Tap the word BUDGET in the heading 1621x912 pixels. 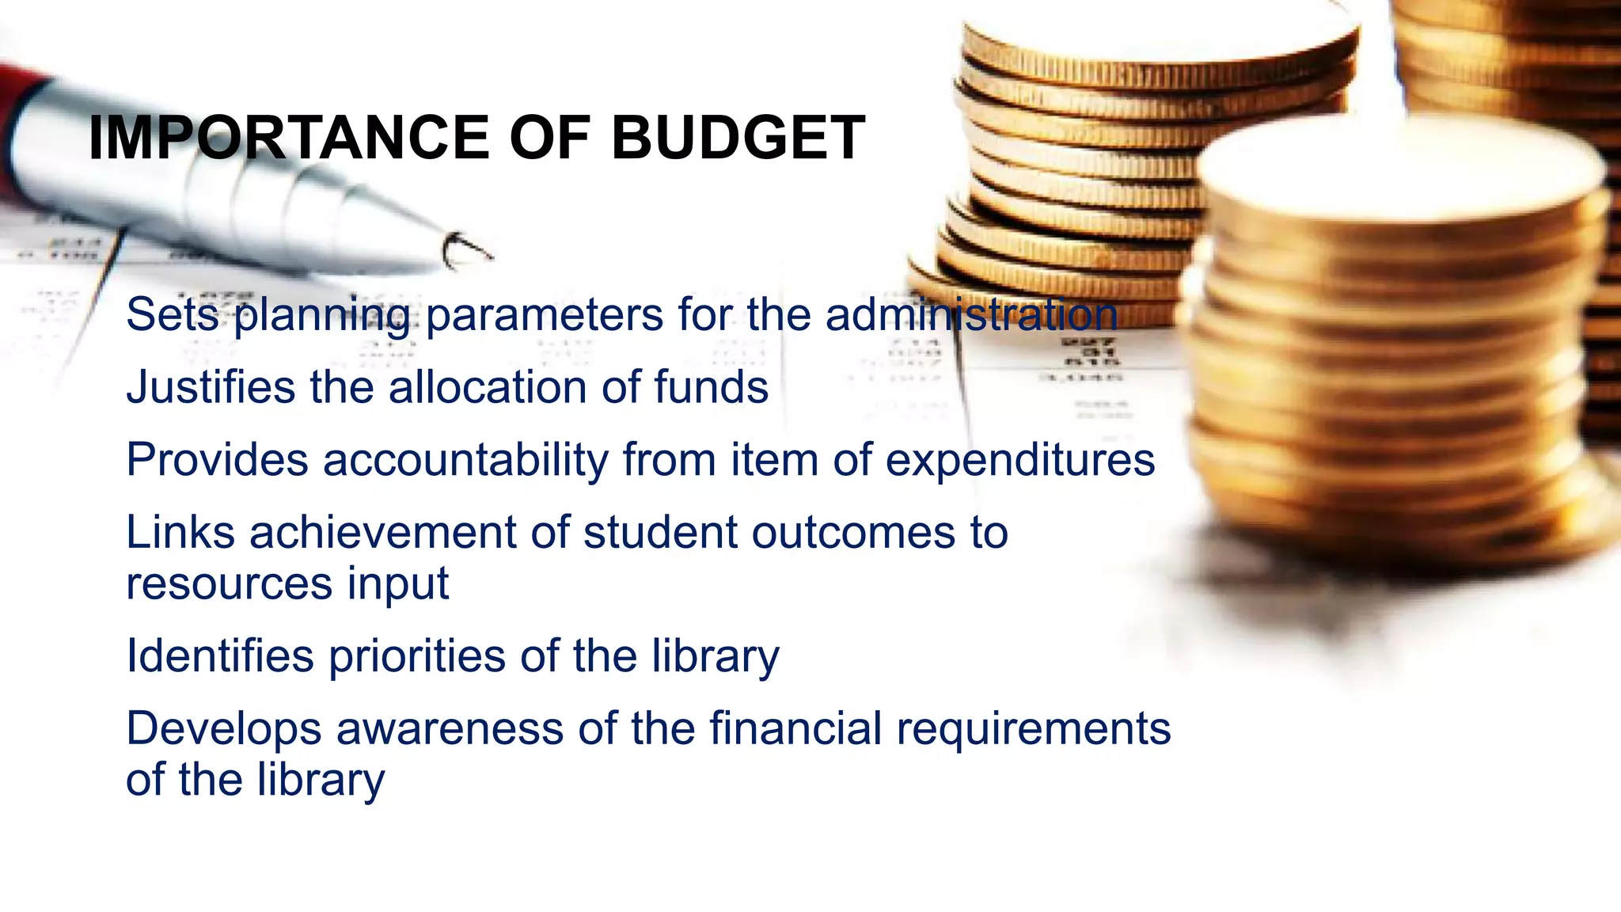pos(738,138)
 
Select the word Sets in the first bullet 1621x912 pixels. pos(172,314)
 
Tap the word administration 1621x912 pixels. pos(971,314)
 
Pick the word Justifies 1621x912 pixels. pos(211,387)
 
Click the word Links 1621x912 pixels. pos(180,532)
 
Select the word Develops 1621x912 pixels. pos(223,728)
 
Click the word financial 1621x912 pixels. pos(795,728)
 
